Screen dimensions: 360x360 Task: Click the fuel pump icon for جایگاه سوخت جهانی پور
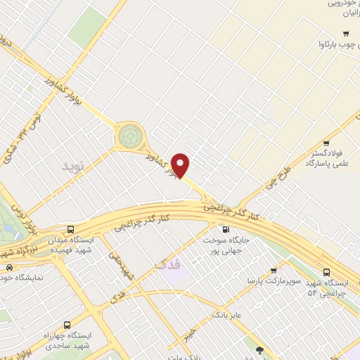(225, 229)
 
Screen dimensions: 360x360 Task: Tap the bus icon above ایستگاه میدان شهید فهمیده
(71, 229)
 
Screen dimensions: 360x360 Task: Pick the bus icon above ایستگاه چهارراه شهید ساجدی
(67, 325)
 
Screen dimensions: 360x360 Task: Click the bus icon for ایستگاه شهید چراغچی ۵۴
(326, 272)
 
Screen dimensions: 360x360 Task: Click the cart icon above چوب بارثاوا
(345, 34)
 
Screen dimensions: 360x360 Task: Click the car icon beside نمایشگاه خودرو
(8, 267)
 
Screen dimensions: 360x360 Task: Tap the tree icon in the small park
(259, 349)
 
